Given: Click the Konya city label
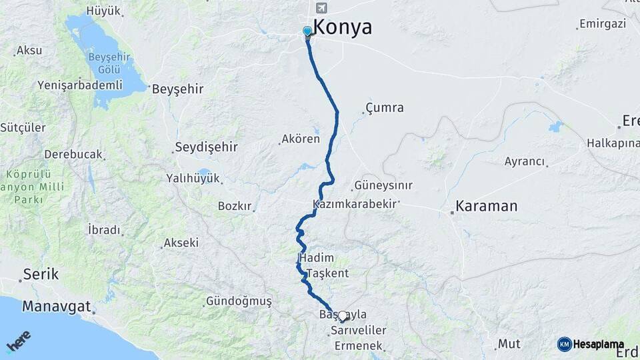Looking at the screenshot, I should [342, 28].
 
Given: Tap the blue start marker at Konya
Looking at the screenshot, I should [307, 31].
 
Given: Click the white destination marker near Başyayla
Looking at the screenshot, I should [343, 316].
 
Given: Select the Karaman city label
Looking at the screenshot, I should [486, 206].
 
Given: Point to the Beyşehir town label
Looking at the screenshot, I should [177, 89].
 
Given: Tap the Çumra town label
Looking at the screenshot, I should [385, 107].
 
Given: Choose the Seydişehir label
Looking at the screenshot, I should [206, 147].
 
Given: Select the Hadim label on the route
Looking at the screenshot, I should [317, 257].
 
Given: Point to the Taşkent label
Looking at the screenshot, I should [327, 273].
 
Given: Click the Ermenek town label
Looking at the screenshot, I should [358, 345].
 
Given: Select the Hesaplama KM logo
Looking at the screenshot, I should [591, 344].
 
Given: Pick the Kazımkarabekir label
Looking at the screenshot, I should [354, 203].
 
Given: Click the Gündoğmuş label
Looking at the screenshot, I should [239, 301].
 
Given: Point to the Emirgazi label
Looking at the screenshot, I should [603, 24].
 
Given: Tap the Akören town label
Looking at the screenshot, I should [301, 139].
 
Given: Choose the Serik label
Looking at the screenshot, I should [41, 274].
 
